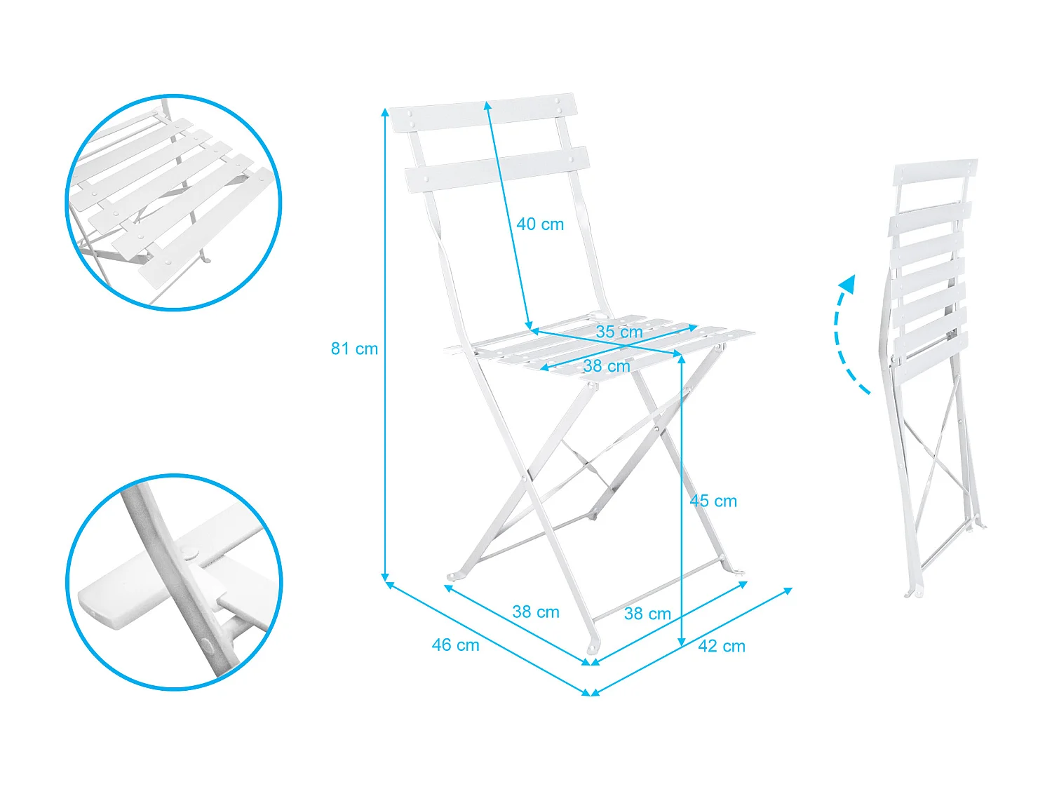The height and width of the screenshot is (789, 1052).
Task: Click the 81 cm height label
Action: [354, 349]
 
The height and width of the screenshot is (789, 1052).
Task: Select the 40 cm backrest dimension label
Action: [540, 224]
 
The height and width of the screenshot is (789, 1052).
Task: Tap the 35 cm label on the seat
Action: [619, 332]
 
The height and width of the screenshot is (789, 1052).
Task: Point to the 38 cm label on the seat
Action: [606, 366]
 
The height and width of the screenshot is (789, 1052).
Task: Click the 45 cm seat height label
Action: [713, 501]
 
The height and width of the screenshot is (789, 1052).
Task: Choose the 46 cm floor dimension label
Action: [455, 645]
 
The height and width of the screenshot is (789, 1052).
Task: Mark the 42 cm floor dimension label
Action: [721, 646]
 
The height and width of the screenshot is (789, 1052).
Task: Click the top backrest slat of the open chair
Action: [484, 113]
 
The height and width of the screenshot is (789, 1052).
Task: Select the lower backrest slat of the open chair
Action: [497, 169]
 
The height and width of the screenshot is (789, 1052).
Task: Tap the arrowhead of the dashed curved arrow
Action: [848, 283]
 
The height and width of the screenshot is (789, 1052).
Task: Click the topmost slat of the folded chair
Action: [935, 172]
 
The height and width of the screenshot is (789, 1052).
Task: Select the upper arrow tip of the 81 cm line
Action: [384, 111]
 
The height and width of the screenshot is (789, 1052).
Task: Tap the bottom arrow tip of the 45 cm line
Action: [682, 643]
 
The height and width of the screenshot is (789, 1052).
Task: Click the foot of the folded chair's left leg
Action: [910, 593]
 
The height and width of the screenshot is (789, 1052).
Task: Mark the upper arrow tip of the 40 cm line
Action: [487, 104]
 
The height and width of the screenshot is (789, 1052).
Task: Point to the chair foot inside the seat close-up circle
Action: [204, 260]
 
